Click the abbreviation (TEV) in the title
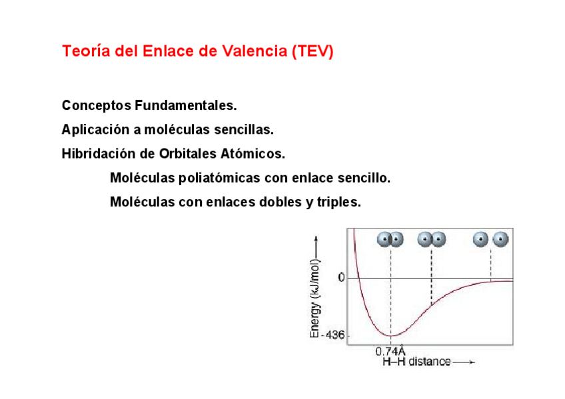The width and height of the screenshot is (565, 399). tap(312, 51)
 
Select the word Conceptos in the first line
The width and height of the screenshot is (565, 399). tap(96, 105)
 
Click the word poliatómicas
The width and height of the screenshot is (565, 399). tap(220, 178)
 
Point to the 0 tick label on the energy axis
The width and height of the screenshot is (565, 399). tap(341, 278)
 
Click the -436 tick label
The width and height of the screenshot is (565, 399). tap(333, 335)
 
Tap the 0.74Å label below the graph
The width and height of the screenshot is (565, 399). tap(390, 351)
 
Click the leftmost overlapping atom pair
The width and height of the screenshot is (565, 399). tap(390, 239)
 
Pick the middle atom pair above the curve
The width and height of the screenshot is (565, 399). tap(431, 239)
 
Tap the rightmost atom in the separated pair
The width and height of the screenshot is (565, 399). tap(500, 239)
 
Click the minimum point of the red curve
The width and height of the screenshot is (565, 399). tap(390, 334)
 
